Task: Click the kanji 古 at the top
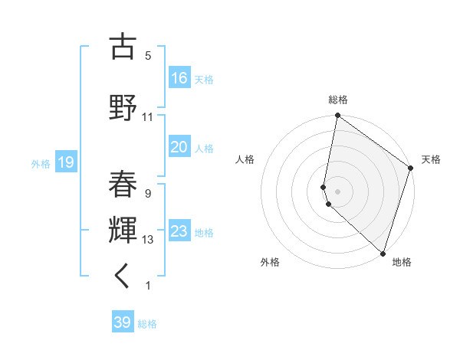pyautogui.click(x=123, y=47)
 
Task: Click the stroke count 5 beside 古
pyautogui.click(x=148, y=55)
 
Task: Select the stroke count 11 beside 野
pyautogui.click(x=148, y=117)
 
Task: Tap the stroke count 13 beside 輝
pyautogui.click(x=148, y=240)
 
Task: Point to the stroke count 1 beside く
pyautogui.click(x=148, y=286)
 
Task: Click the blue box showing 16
pyautogui.click(x=179, y=77)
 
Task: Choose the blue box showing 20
pyautogui.click(x=179, y=147)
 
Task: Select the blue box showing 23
pyautogui.click(x=179, y=231)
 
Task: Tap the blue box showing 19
pyautogui.click(x=66, y=162)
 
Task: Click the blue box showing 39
pyautogui.click(x=123, y=322)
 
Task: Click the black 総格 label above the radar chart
pyautogui.click(x=338, y=100)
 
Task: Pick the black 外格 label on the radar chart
pyautogui.click(x=270, y=262)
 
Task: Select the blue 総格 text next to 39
pyautogui.click(x=147, y=324)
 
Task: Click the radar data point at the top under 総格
pyautogui.click(x=338, y=116)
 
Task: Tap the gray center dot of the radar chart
pyautogui.click(x=338, y=189)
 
